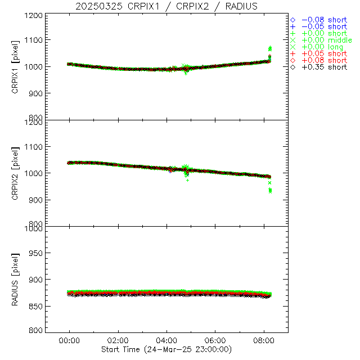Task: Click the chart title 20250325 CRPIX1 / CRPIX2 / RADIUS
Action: [x=167, y=6]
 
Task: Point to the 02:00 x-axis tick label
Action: [x=118, y=341]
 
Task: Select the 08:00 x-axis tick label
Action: [x=264, y=341]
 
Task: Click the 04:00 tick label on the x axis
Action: [x=167, y=341]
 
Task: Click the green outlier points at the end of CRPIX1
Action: [x=270, y=49]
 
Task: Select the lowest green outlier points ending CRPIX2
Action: [x=270, y=191]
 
